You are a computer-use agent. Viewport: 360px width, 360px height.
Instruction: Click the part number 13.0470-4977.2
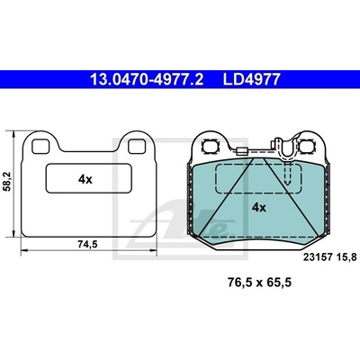[147, 80]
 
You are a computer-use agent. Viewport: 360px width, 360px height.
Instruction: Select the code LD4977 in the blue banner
[251, 80]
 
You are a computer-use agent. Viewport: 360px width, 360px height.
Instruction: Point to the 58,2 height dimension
[7, 181]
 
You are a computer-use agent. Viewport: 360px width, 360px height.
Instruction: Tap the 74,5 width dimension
[88, 245]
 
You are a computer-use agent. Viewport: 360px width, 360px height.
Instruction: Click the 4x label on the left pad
[85, 179]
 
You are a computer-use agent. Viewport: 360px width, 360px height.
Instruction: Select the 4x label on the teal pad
[258, 207]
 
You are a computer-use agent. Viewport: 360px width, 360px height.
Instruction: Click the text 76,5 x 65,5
[259, 283]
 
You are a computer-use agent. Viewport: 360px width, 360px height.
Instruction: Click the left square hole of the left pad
[40, 147]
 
